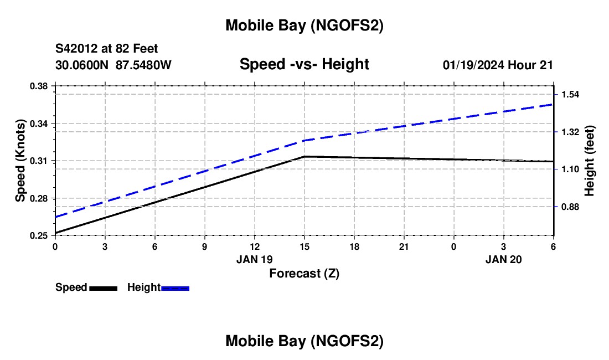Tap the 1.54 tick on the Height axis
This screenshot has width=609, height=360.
(570, 94)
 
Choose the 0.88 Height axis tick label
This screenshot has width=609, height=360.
(570, 207)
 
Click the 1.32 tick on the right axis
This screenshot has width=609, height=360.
(570, 132)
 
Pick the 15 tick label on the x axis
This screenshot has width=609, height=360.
(304, 246)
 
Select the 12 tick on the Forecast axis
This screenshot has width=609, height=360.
(254, 246)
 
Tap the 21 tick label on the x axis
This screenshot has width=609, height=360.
(404, 246)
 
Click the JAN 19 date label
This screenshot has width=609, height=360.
(254, 259)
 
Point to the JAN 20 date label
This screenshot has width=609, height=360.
(503, 259)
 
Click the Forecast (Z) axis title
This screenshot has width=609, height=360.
(304, 273)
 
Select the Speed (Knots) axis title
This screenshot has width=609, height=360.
(20, 161)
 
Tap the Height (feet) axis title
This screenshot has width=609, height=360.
(589, 161)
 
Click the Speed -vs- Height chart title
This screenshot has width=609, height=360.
(304, 64)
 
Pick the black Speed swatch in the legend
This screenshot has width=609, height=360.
(103, 287)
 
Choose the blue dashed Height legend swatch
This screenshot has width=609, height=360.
(175, 287)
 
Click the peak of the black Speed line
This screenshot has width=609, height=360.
(304, 157)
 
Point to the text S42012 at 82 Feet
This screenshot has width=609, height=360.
(106, 49)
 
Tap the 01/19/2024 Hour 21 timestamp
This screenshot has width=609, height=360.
(498, 65)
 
